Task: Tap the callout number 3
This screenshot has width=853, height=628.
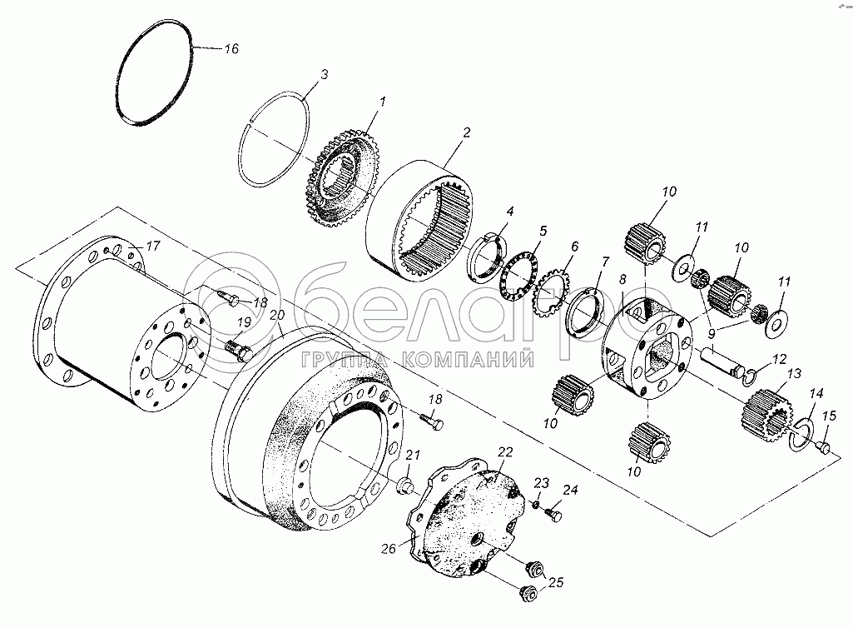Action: [x=324, y=75]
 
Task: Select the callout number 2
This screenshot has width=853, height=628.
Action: [x=467, y=132]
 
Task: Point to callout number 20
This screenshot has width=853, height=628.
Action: [x=276, y=314]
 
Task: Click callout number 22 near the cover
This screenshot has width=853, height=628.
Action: [x=504, y=451]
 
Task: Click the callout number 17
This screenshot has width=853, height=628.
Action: [x=152, y=247]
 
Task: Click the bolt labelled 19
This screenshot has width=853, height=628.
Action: [x=238, y=351]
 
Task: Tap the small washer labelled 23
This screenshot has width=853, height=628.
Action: [x=536, y=504]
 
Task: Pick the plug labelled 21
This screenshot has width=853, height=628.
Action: [x=404, y=486]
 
